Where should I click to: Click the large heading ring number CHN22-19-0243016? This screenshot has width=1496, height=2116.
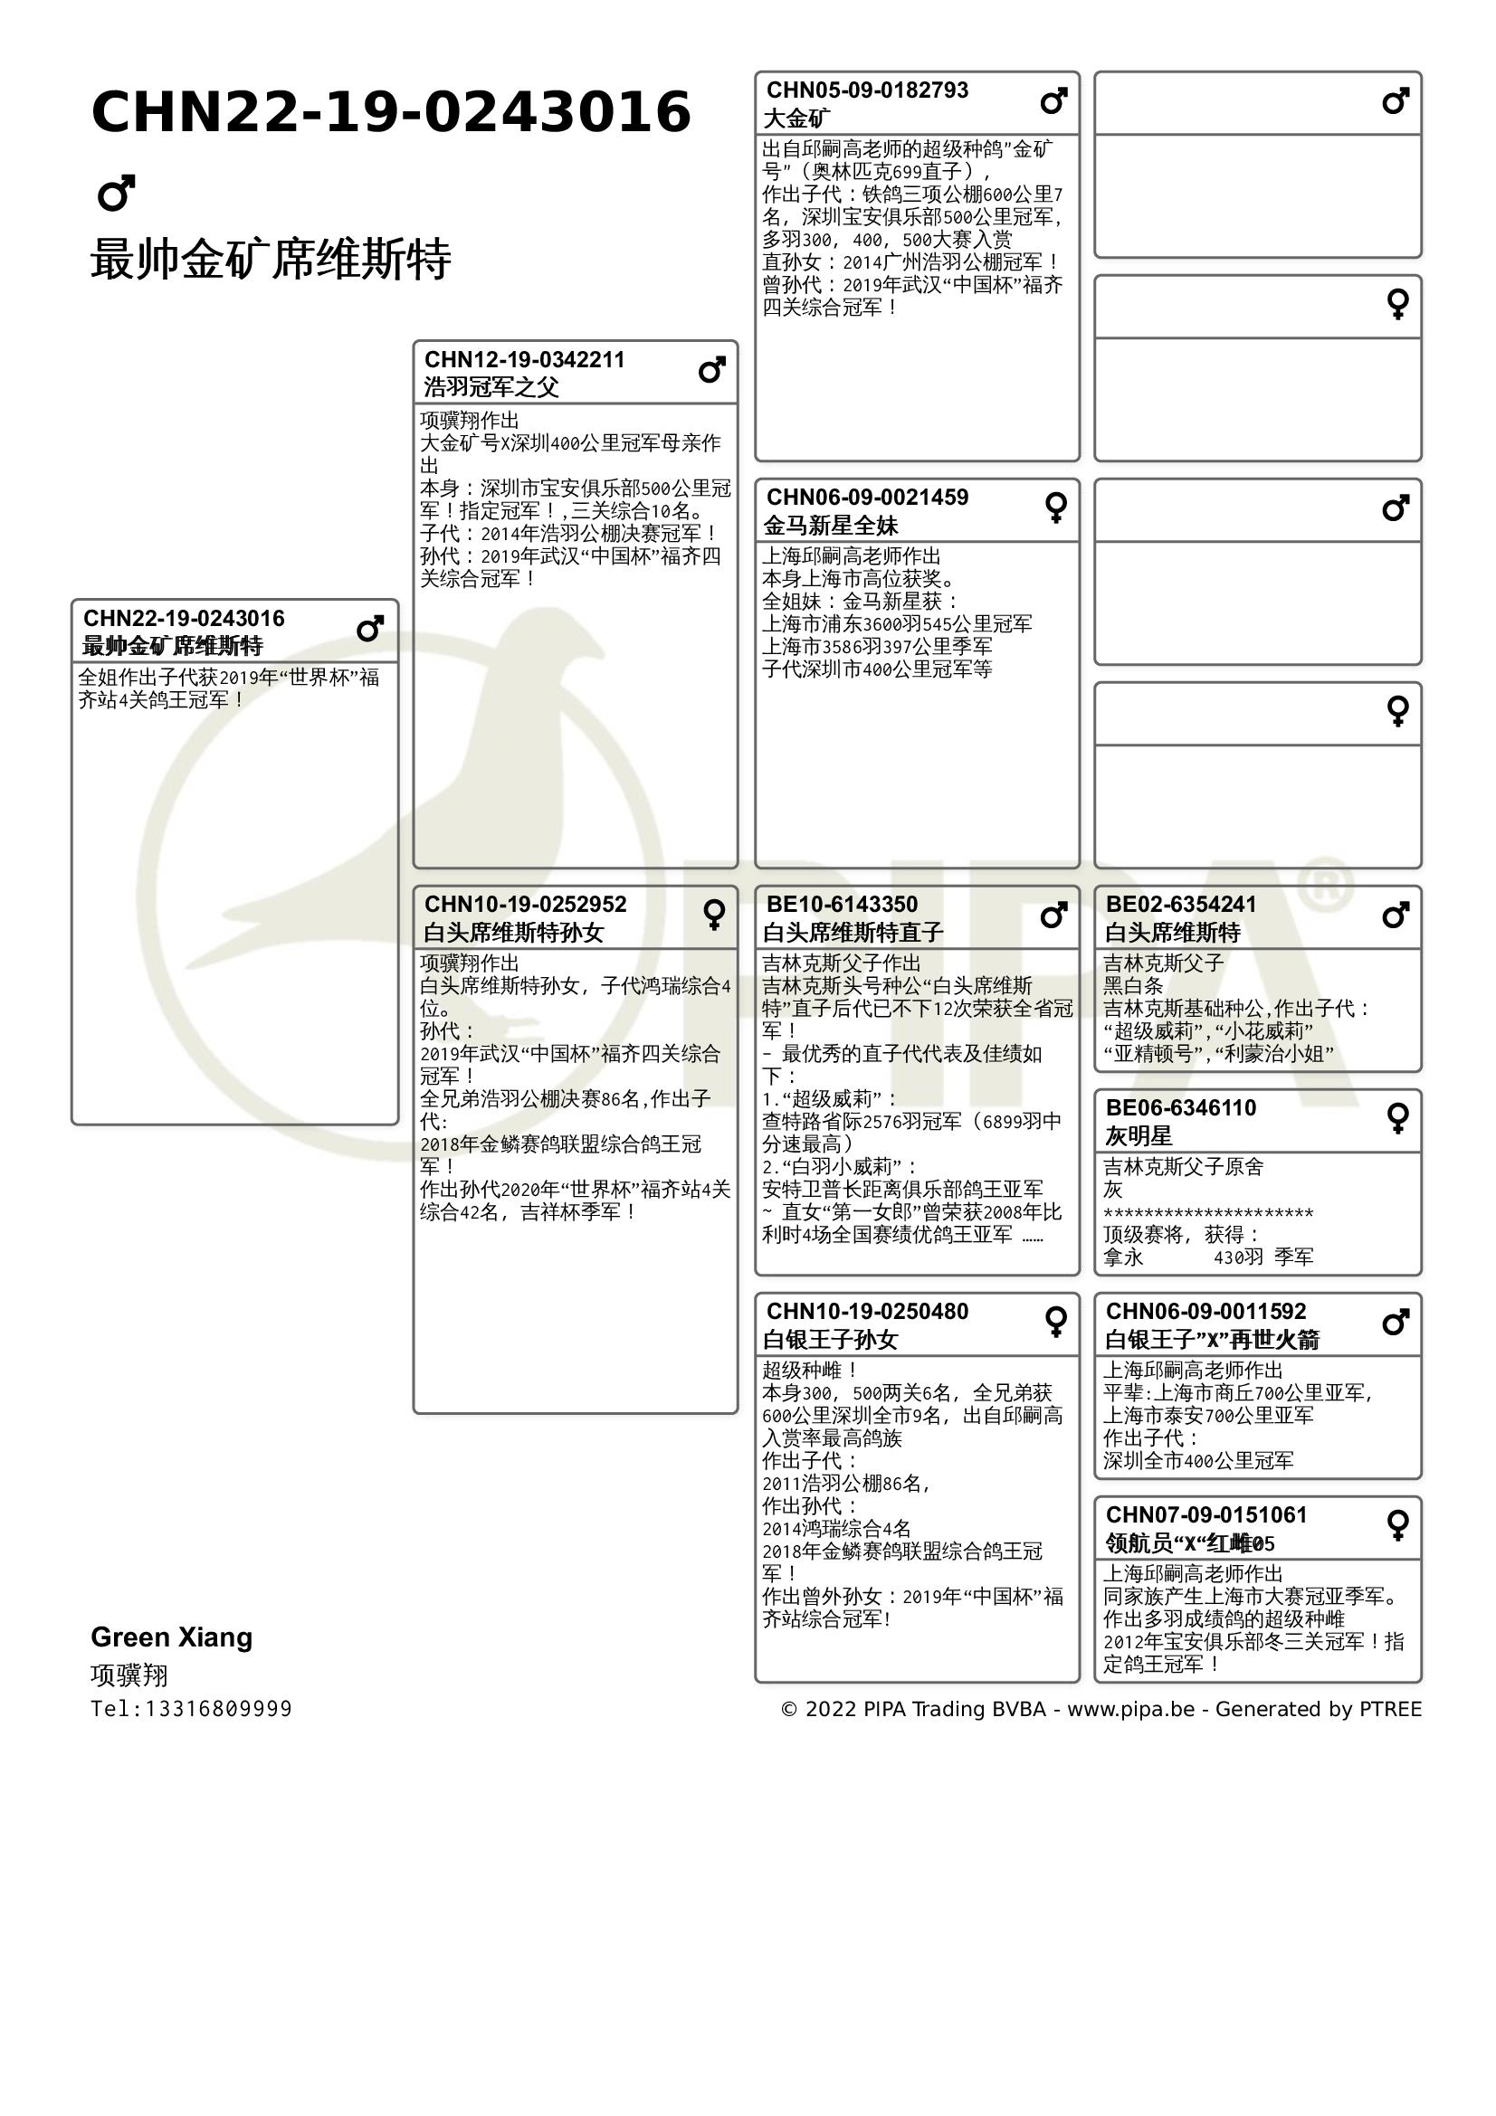click(391, 112)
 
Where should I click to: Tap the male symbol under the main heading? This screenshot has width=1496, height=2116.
click(116, 193)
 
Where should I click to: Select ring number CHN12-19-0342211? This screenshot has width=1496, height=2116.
click(525, 359)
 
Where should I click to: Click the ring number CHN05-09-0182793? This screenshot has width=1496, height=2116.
click(867, 90)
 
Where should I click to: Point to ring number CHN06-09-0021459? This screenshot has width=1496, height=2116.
click(867, 498)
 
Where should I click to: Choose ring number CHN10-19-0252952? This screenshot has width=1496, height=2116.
click(525, 904)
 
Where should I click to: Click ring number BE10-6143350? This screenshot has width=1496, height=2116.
click(842, 904)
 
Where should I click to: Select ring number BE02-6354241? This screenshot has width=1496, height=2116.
click(1181, 904)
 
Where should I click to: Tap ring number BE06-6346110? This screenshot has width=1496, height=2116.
click(1181, 1108)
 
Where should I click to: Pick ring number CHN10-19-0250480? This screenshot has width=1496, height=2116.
click(867, 1312)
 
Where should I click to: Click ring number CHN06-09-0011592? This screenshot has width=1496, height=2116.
click(1205, 1312)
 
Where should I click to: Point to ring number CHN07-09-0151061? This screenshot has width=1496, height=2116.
click(1205, 1515)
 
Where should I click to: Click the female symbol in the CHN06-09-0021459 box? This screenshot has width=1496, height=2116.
click(1056, 507)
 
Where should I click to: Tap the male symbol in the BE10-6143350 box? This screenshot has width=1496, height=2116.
click(1053, 916)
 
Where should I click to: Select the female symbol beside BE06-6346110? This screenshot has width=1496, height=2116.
click(1397, 1118)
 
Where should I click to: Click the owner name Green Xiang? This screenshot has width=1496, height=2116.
click(171, 1637)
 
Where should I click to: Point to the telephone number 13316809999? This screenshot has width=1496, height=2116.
click(218, 1709)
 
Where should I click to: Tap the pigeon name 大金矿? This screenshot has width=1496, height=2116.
click(796, 119)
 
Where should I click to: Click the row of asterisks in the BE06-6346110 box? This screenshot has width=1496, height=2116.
click(1207, 1213)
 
